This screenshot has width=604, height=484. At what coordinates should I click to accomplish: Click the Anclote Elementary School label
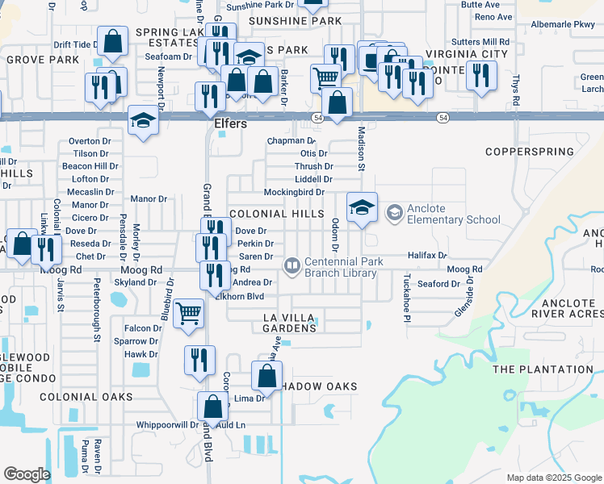(x=453, y=214)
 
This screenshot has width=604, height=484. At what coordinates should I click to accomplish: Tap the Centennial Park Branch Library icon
(x=292, y=265)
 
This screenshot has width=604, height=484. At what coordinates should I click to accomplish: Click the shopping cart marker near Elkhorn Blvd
(x=189, y=312)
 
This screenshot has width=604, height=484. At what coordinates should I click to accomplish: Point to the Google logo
(x=27, y=474)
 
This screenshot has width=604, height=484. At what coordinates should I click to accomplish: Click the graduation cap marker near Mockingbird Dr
(x=363, y=207)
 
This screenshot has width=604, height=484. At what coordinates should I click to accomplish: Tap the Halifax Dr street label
(x=427, y=255)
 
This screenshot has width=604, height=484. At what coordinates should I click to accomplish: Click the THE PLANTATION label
(x=536, y=369)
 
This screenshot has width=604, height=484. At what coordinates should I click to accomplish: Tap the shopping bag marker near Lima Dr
(x=267, y=375)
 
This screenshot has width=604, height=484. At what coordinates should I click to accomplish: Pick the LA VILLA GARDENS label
(x=289, y=323)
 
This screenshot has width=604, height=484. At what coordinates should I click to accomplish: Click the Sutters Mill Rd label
(x=480, y=40)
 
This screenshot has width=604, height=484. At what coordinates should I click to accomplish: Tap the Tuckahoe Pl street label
(x=406, y=296)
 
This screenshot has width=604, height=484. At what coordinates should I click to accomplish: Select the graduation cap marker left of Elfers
(x=144, y=119)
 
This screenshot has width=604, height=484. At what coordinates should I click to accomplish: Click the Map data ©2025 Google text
(x=553, y=478)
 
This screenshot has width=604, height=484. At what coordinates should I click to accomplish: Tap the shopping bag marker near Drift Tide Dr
(x=113, y=41)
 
